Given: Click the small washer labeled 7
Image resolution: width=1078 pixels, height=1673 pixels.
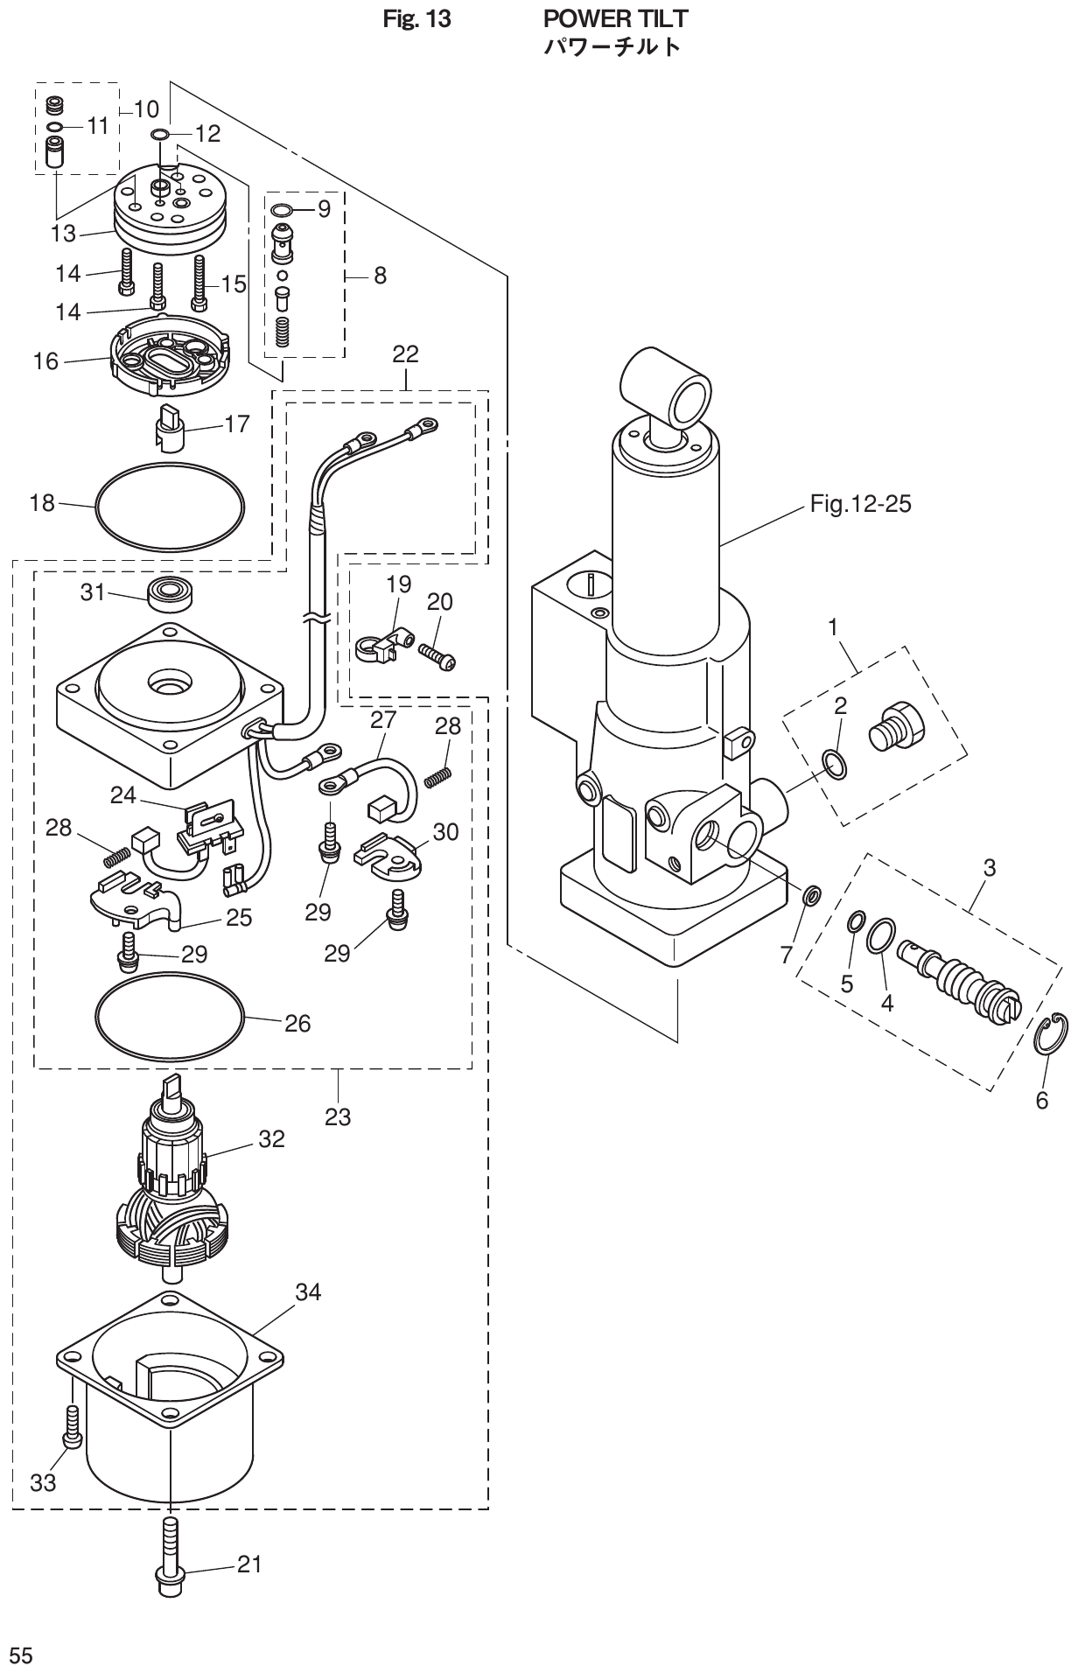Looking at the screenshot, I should (813, 895).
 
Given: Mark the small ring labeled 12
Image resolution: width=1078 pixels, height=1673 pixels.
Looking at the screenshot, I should (160, 134).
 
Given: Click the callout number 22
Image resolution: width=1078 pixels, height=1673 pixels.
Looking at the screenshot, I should (405, 354).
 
